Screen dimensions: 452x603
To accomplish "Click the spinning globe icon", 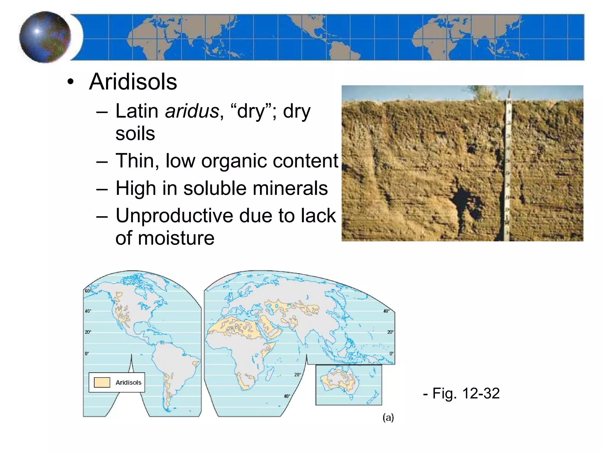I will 45,37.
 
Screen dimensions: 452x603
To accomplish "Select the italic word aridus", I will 192,111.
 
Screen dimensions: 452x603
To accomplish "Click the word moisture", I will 176,238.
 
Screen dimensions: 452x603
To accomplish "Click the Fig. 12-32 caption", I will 461,393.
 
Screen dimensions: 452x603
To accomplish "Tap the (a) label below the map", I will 388,418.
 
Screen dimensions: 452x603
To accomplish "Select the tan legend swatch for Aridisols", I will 102,382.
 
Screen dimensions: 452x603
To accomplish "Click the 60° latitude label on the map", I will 88,291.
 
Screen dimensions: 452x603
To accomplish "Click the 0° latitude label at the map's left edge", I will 87,353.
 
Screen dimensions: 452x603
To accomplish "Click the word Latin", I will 137,111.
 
